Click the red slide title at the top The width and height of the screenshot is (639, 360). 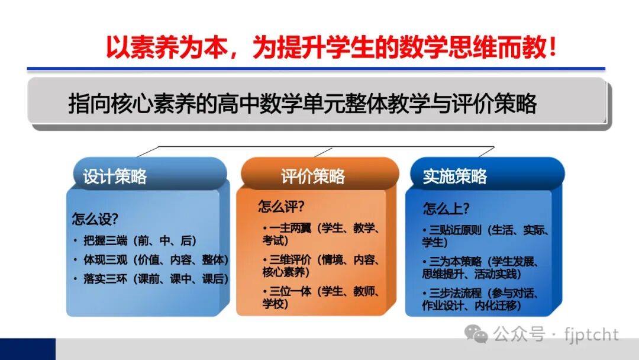coord(331,47)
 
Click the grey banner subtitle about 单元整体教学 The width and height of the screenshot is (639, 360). coord(302,104)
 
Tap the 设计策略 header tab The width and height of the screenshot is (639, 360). coord(115,176)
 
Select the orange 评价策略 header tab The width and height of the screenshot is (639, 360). coord(313,176)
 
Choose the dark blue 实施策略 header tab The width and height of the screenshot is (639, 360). coord(455,176)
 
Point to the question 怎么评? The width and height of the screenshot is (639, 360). coord(281,207)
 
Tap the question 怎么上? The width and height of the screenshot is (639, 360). coord(446,208)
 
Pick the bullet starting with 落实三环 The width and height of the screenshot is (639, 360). coord(151,279)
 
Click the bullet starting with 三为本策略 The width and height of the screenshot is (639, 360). coord(482,268)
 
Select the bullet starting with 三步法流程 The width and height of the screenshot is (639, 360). coord(482,299)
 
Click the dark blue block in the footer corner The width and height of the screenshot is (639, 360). coord(27,349)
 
